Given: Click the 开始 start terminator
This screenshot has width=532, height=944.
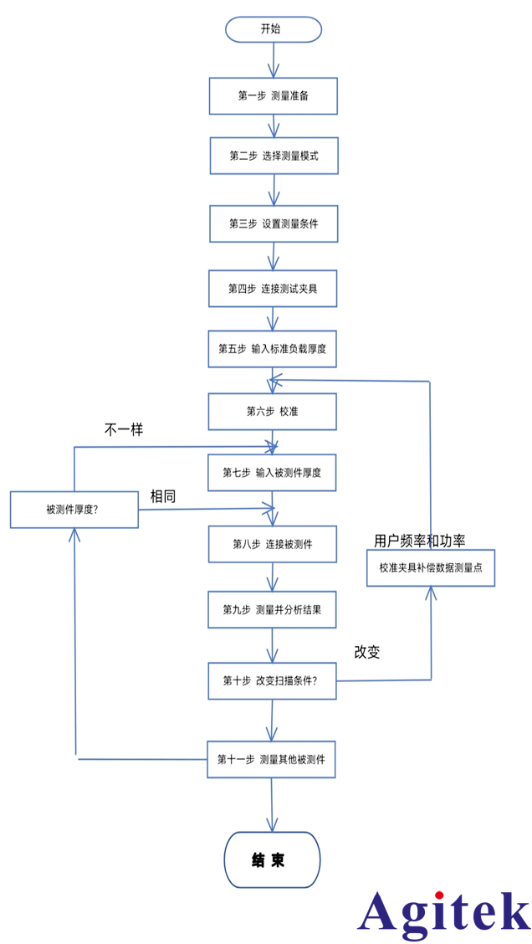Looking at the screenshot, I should [273, 29].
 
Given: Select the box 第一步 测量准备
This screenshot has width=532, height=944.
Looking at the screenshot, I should [273, 95].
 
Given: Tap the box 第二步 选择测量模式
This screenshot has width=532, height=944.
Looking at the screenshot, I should [274, 156].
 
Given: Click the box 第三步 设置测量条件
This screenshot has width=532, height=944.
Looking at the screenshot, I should [274, 223].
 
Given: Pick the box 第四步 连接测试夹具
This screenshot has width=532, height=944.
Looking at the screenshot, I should [273, 289].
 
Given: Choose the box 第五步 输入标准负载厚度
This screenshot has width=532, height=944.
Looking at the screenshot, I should [273, 349].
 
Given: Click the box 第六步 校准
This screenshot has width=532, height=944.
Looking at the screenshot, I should [273, 412].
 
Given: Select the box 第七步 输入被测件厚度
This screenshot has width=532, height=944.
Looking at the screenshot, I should [272, 473].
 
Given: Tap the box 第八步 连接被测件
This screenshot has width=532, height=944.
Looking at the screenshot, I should [273, 544].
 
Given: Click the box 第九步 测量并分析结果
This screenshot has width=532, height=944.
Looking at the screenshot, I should [272, 609].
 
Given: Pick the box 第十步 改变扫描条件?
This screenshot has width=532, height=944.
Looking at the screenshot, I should [272, 680].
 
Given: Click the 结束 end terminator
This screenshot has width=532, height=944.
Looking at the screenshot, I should [272, 859].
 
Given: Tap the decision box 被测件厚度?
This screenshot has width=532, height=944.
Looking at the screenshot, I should [74, 510].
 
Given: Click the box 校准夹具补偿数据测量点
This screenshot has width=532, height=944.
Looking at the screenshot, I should [431, 567].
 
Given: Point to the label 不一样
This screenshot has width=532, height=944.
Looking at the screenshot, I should [123, 430].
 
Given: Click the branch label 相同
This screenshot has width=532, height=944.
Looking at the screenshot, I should [163, 496].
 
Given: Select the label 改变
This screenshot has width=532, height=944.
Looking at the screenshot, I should [367, 652].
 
